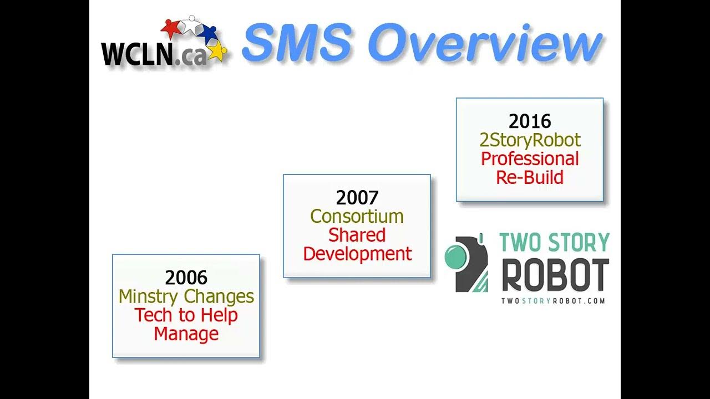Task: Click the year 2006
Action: pyautogui.click(x=186, y=277)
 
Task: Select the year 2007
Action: pyautogui.click(x=357, y=197)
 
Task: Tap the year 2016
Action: pyautogui.click(x=530, y=121)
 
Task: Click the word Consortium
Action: pyautogui.click(x=357, y=216)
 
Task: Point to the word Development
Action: pyautogui.click(x=357, y=254)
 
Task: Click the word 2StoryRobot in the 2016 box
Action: pyautogui.click(x=530, y=140)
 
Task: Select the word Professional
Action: pyautogui.click(x=530, y=159)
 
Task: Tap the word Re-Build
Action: pyautogui.click(x=530, y=177)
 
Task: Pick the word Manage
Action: pyautogui.click(x=186, y=334)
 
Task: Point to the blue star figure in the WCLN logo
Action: pyautogui.click(x=208, y=32)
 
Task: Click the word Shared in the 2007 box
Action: pyautogui.click(x=357, y=235)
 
